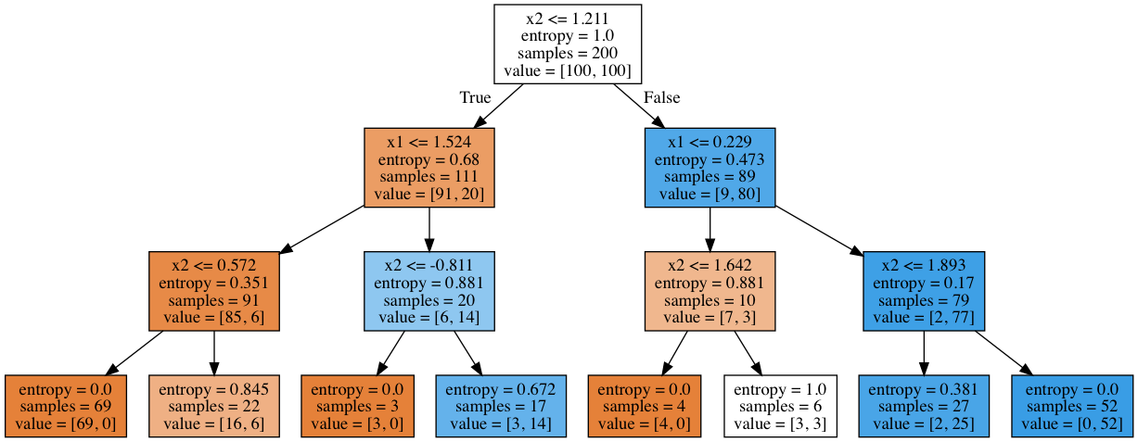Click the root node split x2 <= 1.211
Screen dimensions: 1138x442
point(568,44)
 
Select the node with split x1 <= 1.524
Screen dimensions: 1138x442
point(428,168)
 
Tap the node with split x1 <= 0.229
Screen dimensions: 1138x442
point(710,168)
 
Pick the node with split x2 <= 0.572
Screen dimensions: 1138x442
point(214,291)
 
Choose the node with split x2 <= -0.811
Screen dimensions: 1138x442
point(428,291)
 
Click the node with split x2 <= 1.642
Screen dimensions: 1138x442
point(710,291)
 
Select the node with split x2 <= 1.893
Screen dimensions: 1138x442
point(924,291)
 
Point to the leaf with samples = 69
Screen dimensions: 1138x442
point(66,406)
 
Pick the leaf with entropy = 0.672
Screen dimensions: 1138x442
point(501,406)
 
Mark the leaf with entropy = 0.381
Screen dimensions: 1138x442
point(924,406)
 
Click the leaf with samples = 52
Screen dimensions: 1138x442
point(1072,406)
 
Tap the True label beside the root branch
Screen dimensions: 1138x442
point(475,97)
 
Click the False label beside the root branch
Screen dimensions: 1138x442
point(661,97)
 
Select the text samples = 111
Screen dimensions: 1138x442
point(428,177)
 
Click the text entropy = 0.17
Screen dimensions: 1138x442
point(924,283)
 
